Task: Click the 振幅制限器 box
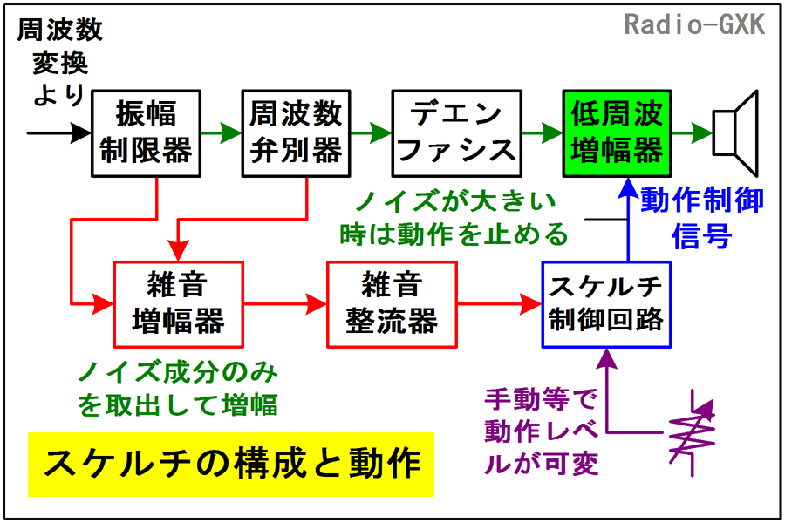coord(147,133)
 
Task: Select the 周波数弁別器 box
coord(296,133)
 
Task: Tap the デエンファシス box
coord(456,133)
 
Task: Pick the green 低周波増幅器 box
coord(617,133)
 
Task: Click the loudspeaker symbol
coord(736,133)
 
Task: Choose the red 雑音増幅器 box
coord(179,304)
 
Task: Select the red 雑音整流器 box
coord(392,304)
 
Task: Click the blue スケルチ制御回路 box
coord(606,304)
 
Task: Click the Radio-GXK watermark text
coord(694,24)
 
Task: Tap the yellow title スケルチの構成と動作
coord(231,465)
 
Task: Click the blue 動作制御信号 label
coord(702,218)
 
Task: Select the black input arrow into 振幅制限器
coord(59,133)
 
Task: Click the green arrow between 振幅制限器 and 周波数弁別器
coord(222,133)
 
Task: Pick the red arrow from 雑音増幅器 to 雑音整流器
coord(285,304)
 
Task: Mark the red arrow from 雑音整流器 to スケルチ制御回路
coord(500,304)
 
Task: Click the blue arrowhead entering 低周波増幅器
coord(628,188)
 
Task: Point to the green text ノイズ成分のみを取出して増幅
coord(178,389)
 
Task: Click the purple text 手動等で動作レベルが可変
coord(542,432)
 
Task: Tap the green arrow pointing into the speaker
coord(693,133)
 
